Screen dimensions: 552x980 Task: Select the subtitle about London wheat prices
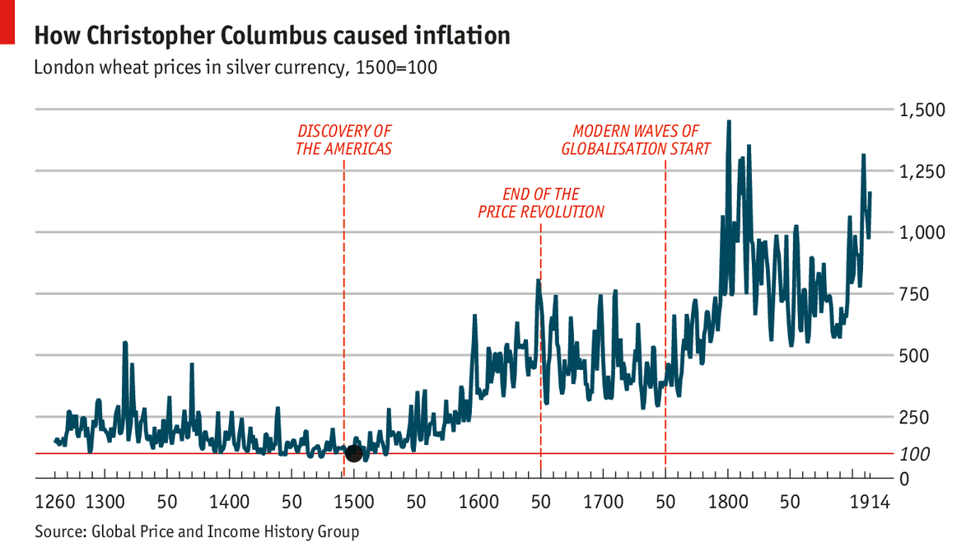[x=234, y=68]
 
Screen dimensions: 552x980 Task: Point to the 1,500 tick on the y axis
[x=923, y=110]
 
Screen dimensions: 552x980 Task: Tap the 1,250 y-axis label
[x=923, y=171]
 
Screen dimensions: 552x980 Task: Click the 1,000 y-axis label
[x=923, y=232]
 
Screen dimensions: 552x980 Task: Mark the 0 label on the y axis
[x=904, y=479]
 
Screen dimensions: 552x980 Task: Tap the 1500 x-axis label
[x=353, y=502]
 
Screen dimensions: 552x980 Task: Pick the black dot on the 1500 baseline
[x=353, y=453]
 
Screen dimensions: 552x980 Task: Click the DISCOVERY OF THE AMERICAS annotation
[x=343, y=140]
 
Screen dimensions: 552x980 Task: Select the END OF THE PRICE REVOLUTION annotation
[x=541, y=203]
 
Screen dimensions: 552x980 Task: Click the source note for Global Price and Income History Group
[x=197, y=531]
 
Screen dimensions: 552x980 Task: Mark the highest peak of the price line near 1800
[x=728, y=123]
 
